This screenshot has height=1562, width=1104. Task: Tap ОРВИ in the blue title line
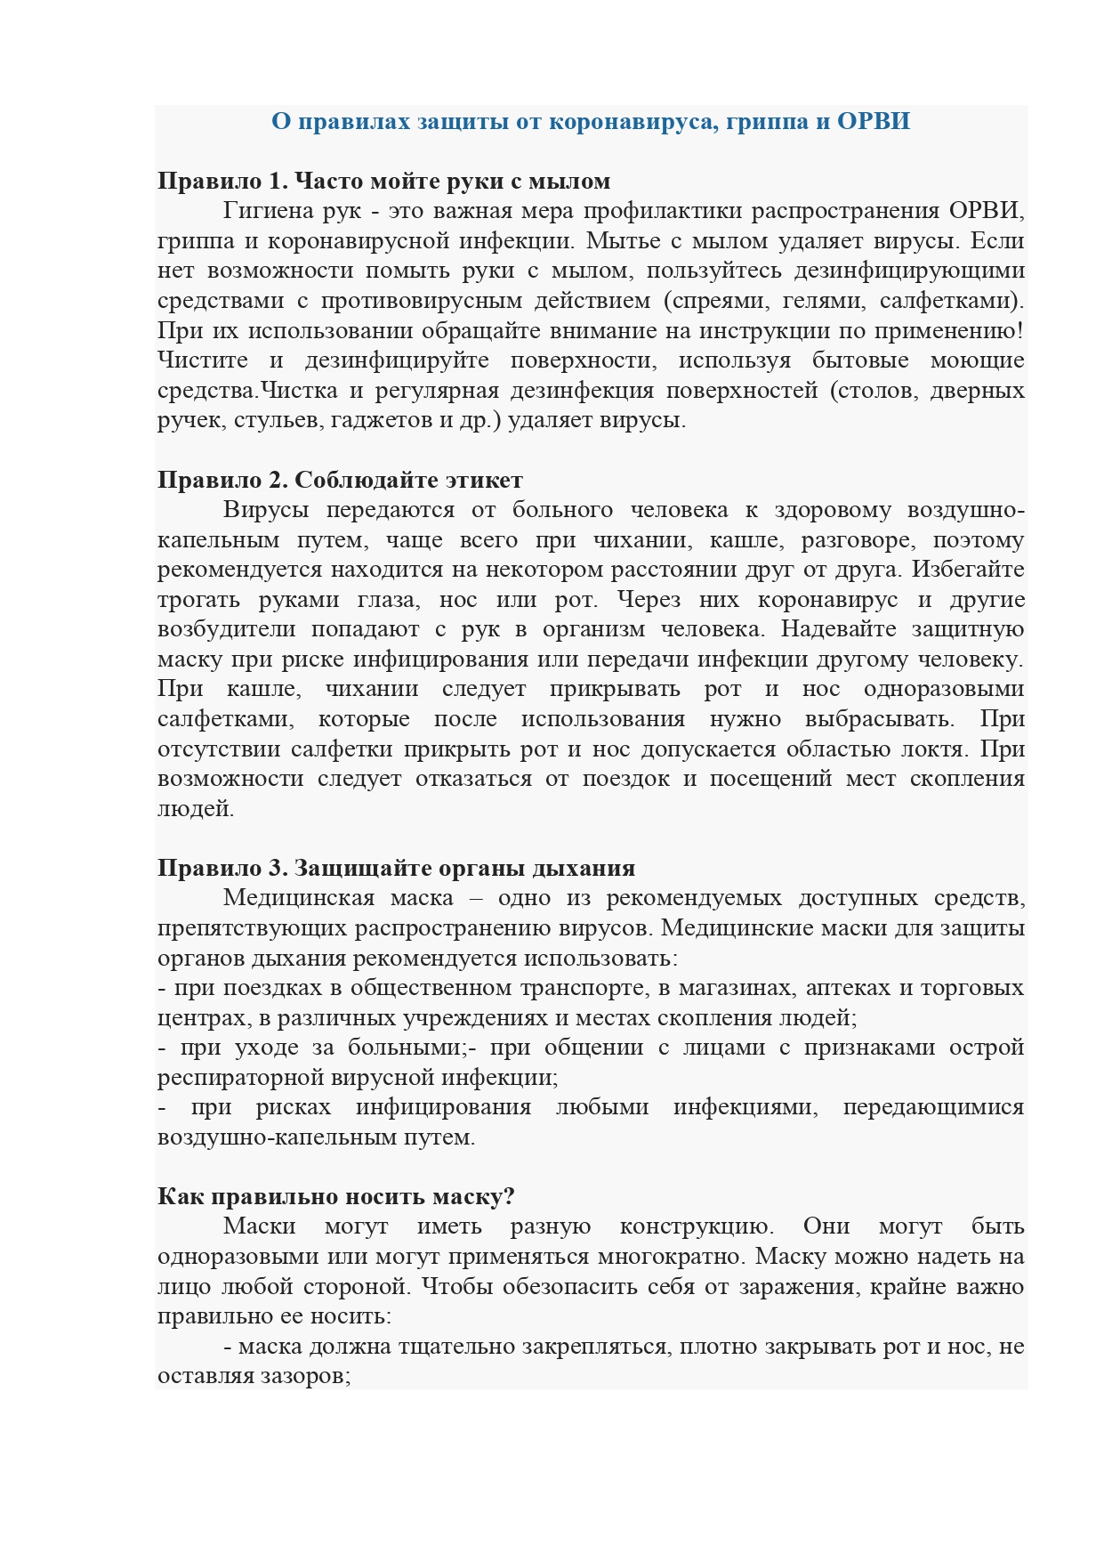[x=874, y=121]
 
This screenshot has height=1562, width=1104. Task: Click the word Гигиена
[x=269, y=211]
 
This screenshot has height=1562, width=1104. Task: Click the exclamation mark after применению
[x=1019, y=330]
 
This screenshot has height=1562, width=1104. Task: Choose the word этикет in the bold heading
[x=485, y=480]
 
